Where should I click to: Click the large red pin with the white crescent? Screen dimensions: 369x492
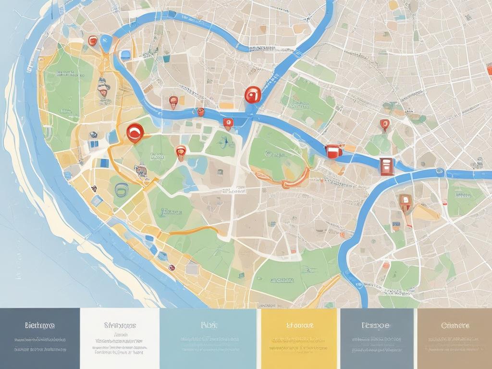click(x=134, y=131)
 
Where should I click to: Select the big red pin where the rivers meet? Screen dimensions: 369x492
click(x=252, y=95)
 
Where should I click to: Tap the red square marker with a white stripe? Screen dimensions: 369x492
click(x=333, y=151)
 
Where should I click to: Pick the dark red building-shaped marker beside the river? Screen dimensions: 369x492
click(x=386, y=166)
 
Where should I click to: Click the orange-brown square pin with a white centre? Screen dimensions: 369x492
click(x=405, y=201)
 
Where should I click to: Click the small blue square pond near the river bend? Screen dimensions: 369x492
click(x=125, y=54)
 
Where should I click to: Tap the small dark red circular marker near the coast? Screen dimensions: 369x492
click(x=172, y=268)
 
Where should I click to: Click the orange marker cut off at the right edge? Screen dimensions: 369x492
click(x=489, y=70)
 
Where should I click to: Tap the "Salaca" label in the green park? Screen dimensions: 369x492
click(x=172, y=211)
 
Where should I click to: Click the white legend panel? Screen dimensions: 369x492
click(x=119, y=338)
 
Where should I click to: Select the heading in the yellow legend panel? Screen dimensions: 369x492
click(x=300, y=325)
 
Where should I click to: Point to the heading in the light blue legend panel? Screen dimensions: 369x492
click(x=209, y=325)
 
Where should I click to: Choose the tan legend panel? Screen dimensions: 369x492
click(x=455, y=338)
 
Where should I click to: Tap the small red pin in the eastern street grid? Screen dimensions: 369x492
click(x=384, y=124)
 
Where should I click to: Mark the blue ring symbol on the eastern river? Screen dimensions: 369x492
click(x=439, y=171)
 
